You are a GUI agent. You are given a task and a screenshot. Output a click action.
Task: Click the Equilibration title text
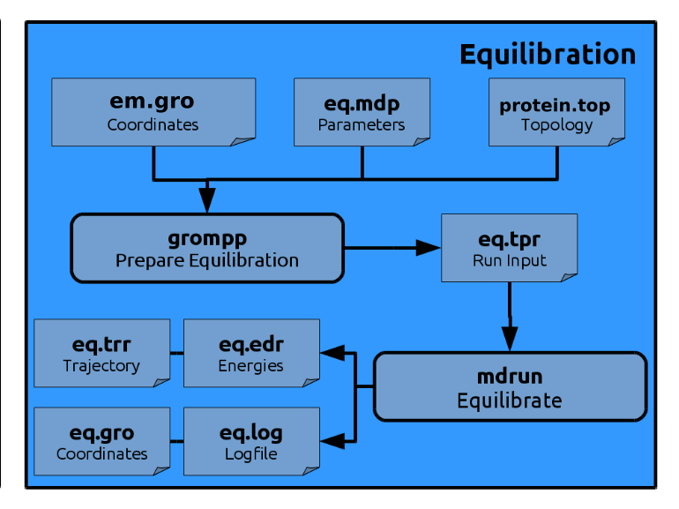click(548, 55)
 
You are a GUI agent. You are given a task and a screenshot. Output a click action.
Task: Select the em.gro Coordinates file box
click(153, 112)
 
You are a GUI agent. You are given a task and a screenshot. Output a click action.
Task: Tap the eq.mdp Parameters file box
click(362, 112)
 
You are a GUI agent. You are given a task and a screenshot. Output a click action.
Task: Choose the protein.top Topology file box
click(556, 112)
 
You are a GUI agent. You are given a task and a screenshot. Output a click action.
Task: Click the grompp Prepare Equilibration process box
click(207, 248)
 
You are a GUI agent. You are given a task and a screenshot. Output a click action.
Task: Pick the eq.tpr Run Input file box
click(510, 248)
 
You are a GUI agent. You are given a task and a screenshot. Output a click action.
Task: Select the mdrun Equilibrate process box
click(510, 386)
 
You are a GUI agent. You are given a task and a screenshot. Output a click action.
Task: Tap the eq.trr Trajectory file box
click(101, 353)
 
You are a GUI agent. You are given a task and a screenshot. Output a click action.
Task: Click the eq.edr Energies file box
click(251, 353)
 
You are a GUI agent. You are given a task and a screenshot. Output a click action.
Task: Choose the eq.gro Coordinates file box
click(101, 441)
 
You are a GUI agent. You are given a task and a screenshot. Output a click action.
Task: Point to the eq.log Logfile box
click(251, 441)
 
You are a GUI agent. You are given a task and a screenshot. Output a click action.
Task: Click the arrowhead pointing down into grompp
click(207, 200)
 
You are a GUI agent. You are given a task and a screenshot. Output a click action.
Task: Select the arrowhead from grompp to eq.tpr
click(428, 248)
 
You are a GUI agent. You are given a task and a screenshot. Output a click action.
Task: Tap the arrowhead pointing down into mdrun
click(510, 339)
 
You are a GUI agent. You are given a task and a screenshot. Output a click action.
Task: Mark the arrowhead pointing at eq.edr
click(332, 353)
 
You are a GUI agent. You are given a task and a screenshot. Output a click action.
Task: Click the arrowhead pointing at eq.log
click(332, 441)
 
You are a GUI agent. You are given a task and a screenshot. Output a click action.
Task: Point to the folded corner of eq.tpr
click(569, 277)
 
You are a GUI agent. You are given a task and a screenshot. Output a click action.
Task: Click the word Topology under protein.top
click(556, 125)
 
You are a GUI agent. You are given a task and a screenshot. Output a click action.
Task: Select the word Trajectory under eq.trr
click(101, 366)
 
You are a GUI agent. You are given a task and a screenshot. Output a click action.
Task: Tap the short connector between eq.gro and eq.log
click(176, 441)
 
